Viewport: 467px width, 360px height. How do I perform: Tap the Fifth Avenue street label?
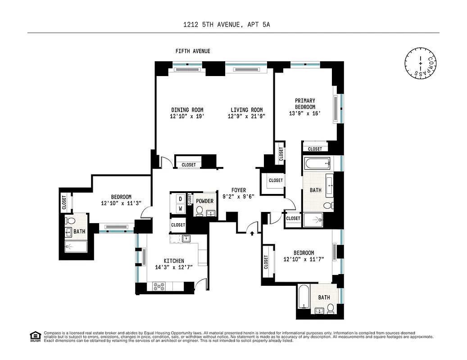(193, 51)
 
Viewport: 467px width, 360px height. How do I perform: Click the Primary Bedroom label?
(305, 104)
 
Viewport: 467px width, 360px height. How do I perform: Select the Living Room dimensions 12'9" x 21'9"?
(246, 117)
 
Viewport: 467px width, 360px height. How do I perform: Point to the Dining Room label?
(187, 110)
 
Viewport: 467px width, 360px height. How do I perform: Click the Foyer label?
(239, 190)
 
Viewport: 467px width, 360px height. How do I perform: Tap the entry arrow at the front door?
(252, 233)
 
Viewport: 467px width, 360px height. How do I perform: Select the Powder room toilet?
(199, 210)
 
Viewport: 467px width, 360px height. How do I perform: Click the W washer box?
(180, 209)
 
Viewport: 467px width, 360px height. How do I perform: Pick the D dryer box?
(180, 198)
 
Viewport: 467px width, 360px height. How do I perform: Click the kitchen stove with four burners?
(159, 285)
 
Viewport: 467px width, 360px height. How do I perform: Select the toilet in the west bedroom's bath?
(69, 221)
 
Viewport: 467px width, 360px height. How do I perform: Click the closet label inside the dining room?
(189, 165)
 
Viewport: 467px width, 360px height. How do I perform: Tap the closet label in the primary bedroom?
(315, 149)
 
